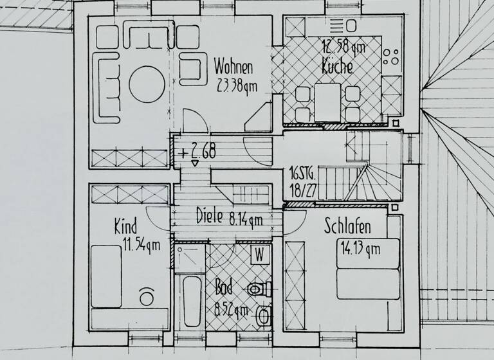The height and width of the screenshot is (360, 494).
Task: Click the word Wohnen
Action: (x=233, y=67)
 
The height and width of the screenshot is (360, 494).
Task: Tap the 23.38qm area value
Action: (x=235, y=84)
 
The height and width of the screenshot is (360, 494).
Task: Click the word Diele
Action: (x=210, y=217)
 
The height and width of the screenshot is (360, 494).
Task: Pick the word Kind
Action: (x=126, y=226)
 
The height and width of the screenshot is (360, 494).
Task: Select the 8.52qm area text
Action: (x=229, y=310)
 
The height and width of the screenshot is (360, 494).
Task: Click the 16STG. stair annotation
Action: (x=301, y=174)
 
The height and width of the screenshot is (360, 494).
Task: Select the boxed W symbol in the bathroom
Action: (x=260, y=254)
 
